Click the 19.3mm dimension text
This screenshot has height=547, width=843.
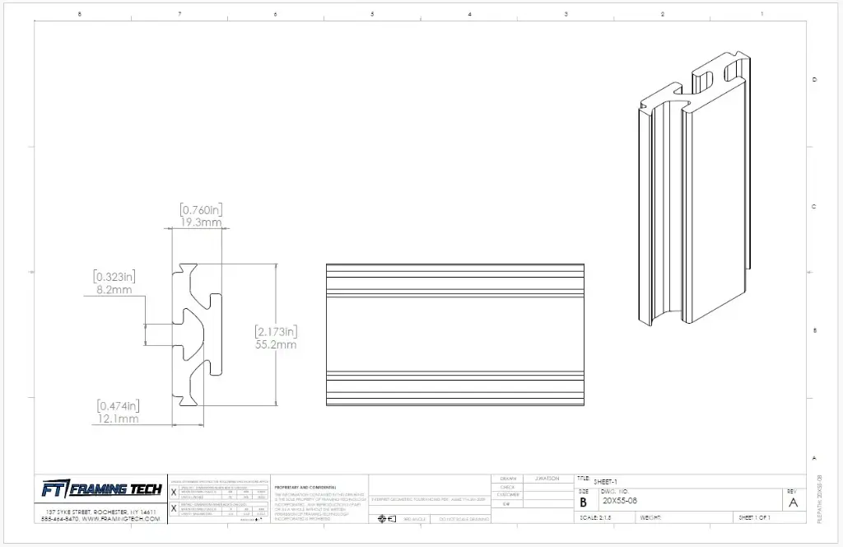coord(202,222)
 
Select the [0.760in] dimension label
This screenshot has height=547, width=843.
coord(202,209)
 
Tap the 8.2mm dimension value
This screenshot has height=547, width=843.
coord(114,290)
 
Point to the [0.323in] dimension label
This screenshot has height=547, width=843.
coord(114,277)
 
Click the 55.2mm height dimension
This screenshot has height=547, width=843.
coord(276,344)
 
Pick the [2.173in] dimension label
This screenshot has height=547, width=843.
coord(276,331)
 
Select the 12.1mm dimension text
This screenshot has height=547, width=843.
coord(119,418)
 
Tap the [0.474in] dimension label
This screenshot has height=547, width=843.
coord(119,405)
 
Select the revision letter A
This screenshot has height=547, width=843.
coord(793,502)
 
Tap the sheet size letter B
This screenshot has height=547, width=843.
coord(583,502)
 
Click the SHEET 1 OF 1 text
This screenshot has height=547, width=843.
coord(758,517)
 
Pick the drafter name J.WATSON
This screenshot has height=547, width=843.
coord(547,479)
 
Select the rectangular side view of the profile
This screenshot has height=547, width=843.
coord(455,334)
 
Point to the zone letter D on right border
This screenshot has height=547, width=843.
coord(814,79)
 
